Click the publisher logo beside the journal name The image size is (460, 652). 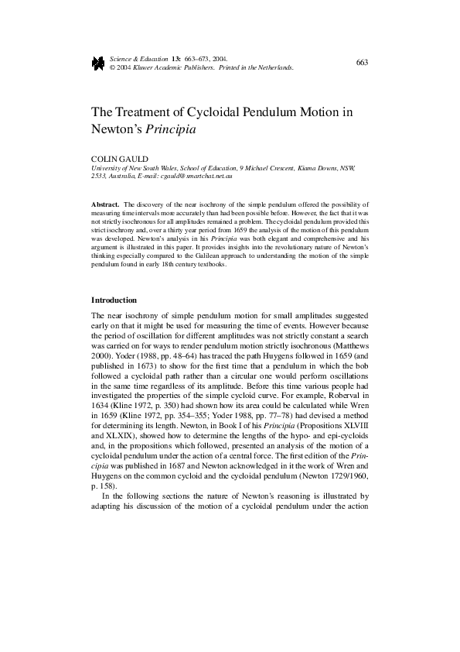[97, 63]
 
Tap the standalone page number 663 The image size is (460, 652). [362, 62]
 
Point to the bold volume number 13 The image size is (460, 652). [177, 58]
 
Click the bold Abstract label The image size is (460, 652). [105, 203]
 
